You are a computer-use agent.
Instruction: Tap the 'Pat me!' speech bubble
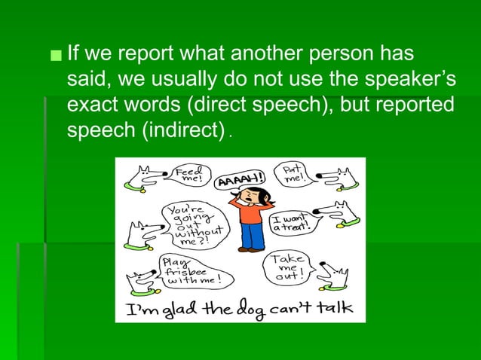[291, 176]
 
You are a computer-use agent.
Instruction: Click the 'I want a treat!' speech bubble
[290, 220]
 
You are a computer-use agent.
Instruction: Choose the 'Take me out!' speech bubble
[286, 265]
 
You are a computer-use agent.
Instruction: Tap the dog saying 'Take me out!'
[332, 276]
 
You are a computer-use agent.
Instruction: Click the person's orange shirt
[252, 213]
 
